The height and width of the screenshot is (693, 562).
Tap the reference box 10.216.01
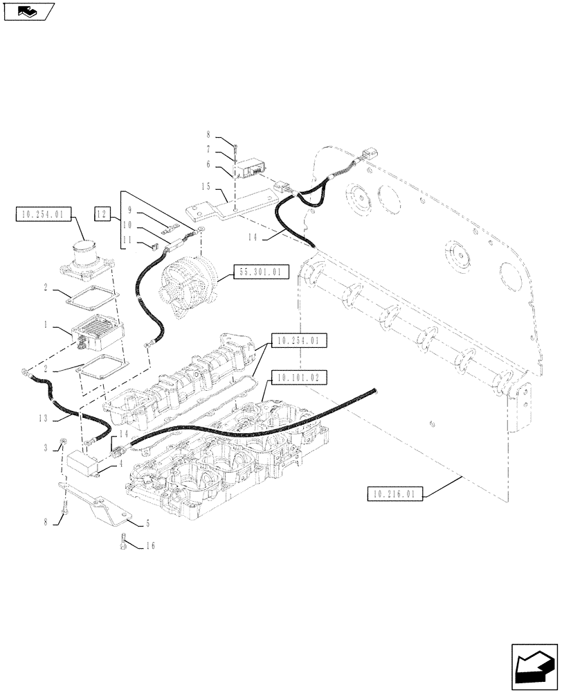[392, 494]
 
